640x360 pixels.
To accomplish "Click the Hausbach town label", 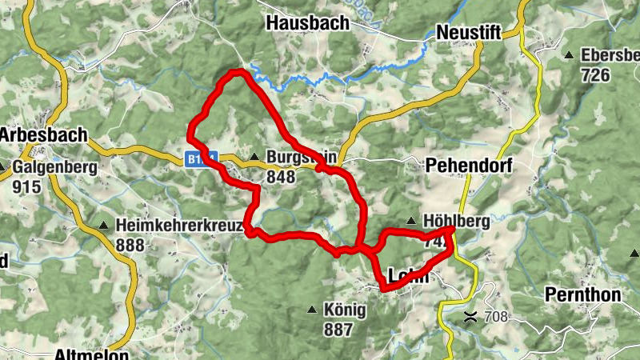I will tap(308, 23).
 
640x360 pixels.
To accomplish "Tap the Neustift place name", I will tap(470, 33).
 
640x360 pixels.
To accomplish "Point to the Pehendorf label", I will tap(469, 166).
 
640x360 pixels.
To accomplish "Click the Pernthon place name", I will tap(582, 294).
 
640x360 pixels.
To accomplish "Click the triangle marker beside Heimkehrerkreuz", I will tap(103, 226).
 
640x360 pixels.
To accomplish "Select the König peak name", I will tap(345, 310).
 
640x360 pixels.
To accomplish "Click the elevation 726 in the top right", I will tap(596, 75).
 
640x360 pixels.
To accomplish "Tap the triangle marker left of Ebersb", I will tap(569, 56).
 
